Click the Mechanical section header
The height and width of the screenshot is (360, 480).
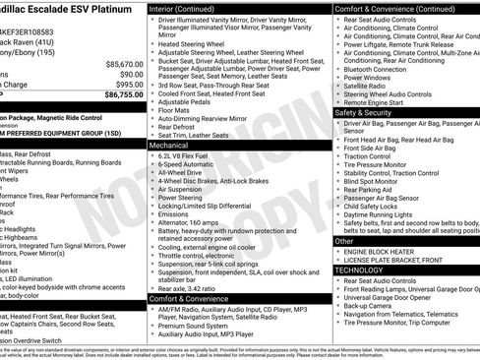tap(170, 145)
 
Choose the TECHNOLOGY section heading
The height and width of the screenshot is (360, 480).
tap(359, 270)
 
